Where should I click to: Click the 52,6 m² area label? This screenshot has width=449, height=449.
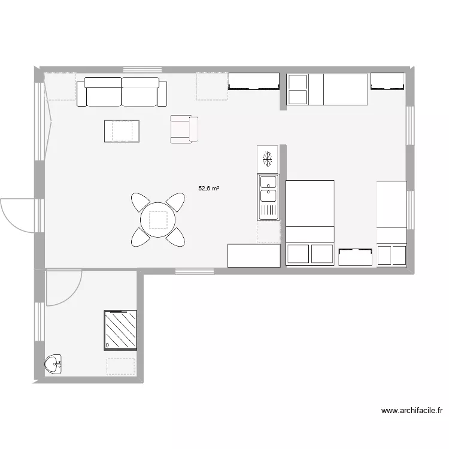(208, 188)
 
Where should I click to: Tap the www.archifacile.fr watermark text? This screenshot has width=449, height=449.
(412, 411)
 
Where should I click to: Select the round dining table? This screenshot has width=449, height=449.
(158, 219)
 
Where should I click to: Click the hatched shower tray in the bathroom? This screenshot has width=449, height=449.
(121, 330)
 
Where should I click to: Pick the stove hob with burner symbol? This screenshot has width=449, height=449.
(268, 159)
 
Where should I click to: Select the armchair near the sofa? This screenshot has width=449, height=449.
(183, 129)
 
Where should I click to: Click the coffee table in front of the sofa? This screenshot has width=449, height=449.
(122, 131)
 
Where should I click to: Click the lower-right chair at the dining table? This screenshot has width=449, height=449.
(175, 238)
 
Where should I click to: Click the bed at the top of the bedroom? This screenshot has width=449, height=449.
(327, 89)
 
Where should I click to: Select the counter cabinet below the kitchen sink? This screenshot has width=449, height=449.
(254, 255)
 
